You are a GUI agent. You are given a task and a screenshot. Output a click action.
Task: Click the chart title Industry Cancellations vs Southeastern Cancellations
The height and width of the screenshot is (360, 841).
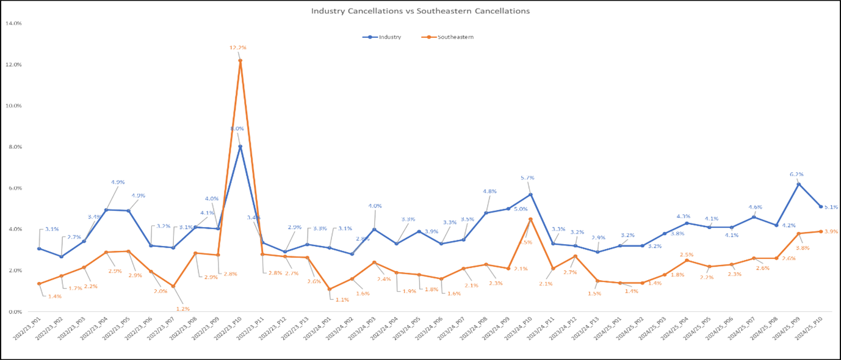point(420,11)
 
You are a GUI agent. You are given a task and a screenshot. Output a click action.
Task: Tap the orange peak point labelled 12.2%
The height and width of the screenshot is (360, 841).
point(240,60)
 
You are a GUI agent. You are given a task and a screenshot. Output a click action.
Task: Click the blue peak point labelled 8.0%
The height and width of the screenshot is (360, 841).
point(240,146)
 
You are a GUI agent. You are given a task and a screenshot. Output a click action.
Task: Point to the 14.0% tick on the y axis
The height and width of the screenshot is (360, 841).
point(13,23)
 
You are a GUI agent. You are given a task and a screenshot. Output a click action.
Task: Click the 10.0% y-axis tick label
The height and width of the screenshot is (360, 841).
point(13,106)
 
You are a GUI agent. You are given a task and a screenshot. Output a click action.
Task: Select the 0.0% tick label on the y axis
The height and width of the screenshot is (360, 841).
point(14,311)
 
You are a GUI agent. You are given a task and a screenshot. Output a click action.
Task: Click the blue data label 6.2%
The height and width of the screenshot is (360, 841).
point(796,174)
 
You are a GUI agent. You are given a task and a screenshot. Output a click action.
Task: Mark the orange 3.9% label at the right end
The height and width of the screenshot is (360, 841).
point(831,231)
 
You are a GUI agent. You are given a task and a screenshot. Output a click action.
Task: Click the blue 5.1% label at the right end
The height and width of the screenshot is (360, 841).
point(831,207)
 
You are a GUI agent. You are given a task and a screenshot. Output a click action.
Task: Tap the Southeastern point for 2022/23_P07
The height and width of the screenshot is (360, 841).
point(173,286)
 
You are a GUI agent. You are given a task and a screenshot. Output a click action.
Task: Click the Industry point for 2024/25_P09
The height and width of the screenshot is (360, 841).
point(798,184)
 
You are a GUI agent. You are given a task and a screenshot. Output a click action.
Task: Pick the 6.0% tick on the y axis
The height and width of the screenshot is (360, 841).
point(14,188)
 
